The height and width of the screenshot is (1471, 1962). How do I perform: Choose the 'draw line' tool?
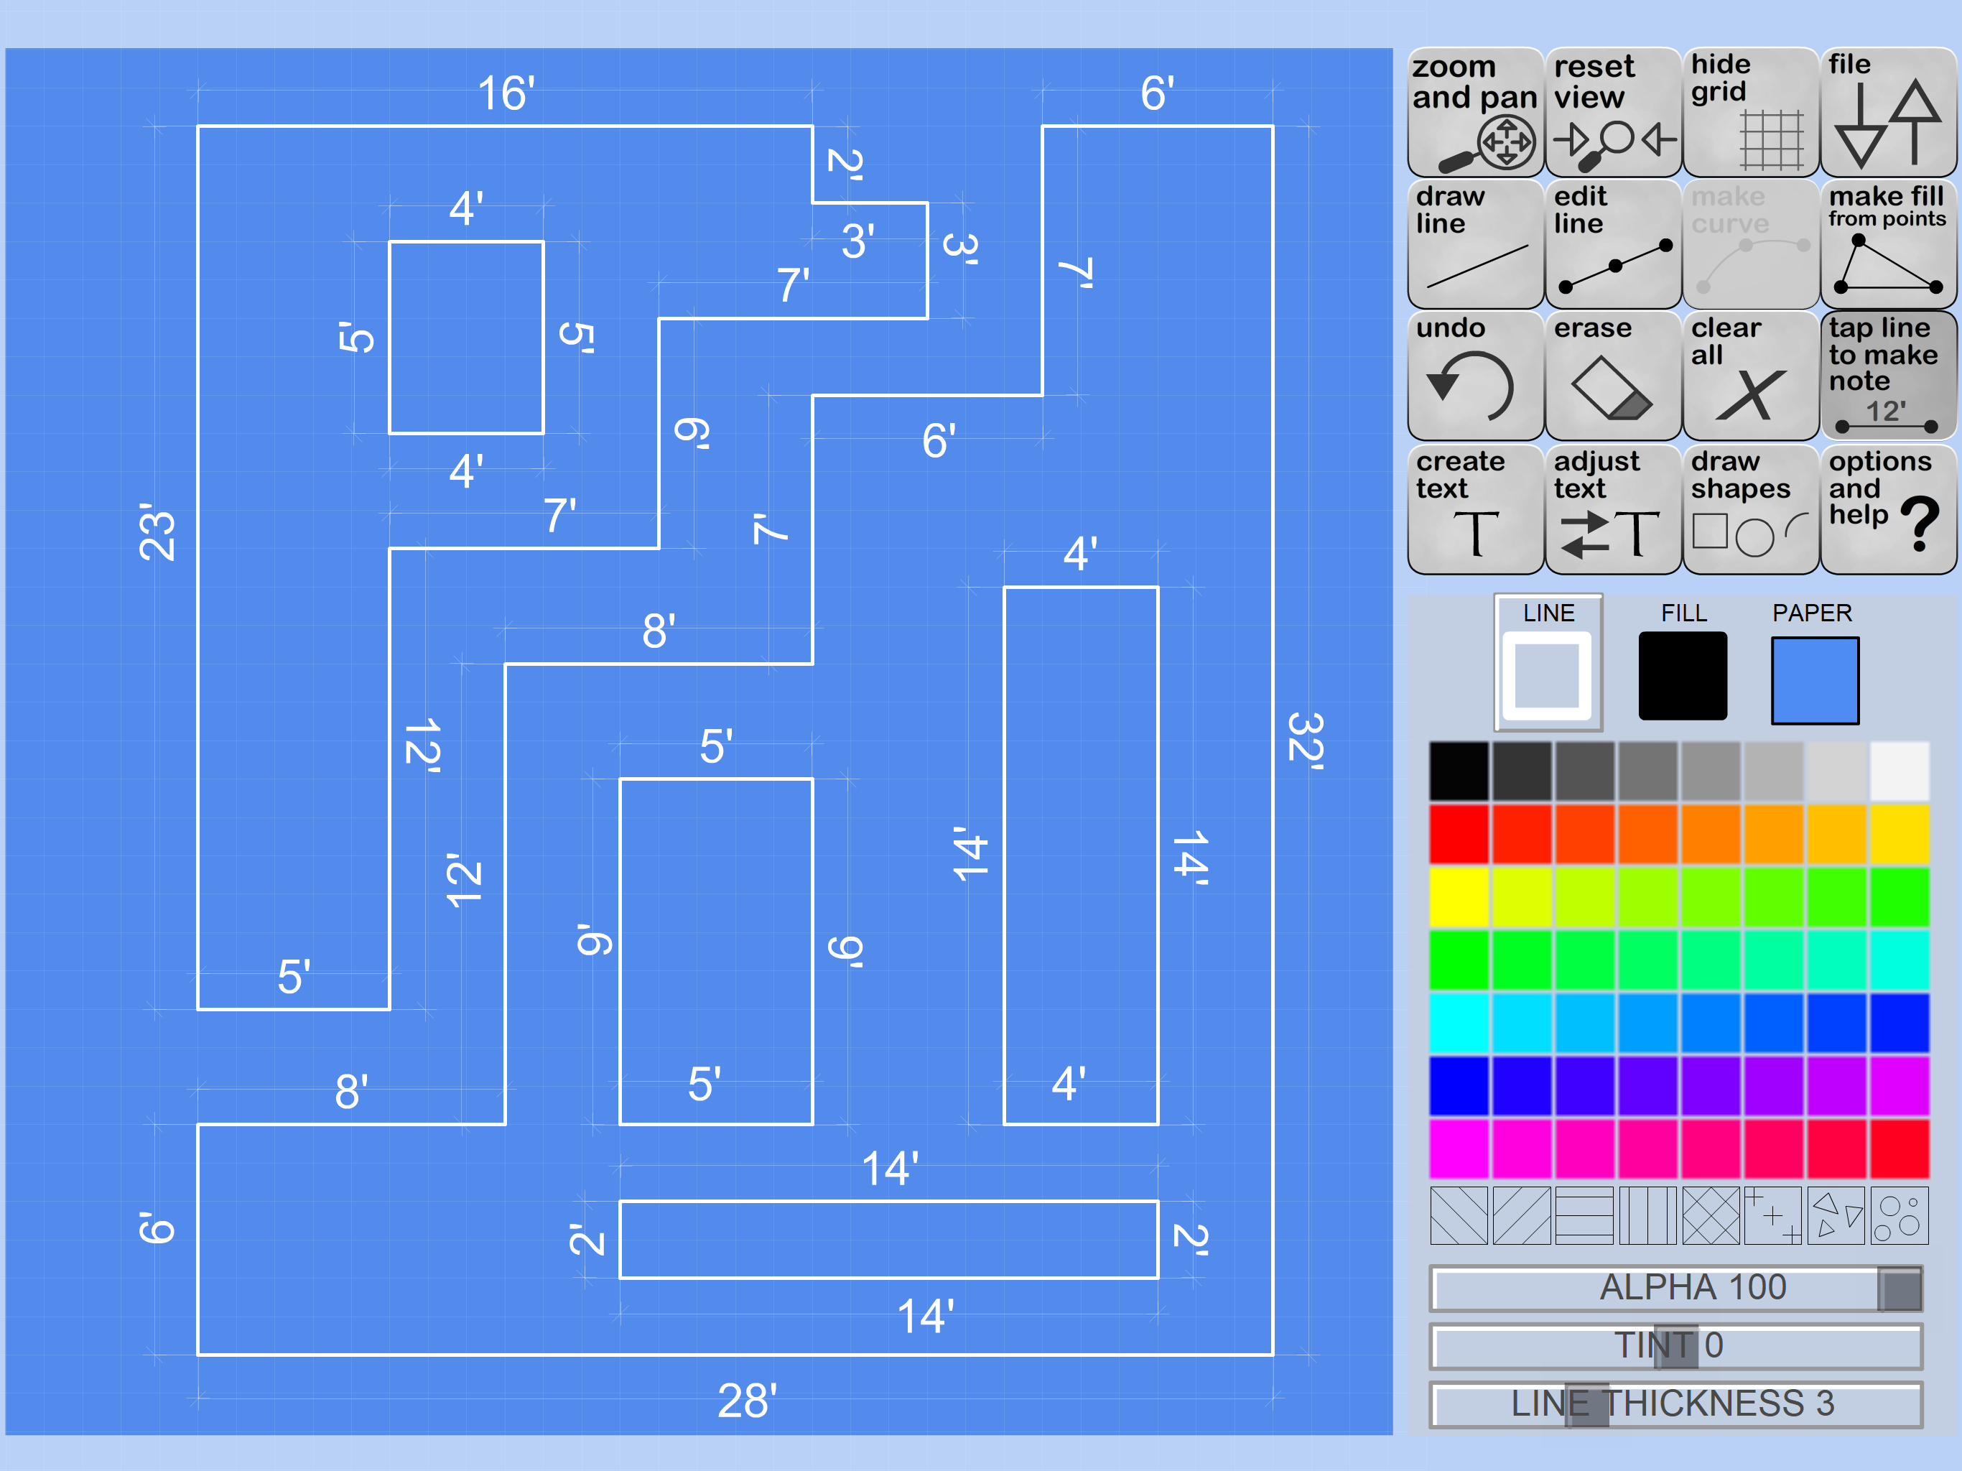tap(1474, 245)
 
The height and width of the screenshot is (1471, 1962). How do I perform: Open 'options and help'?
tap(1887, 509)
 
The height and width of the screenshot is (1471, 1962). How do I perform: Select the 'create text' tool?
tap(1474, 509)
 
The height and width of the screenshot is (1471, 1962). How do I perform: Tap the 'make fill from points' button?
tap(1887, 245)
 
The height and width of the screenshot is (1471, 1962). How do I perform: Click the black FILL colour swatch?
tap(1682, 676)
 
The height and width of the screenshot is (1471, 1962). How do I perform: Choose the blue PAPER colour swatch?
tap(1814, 680)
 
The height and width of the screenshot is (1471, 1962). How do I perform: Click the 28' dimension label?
tap(747, 1401)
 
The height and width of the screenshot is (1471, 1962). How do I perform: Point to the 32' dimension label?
tap(1305, 740)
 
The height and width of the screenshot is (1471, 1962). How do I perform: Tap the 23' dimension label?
tap(158, 532)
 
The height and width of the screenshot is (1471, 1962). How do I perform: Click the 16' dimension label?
tap(506, 93)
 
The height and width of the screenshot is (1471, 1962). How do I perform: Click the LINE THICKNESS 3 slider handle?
tap(1586, 1403)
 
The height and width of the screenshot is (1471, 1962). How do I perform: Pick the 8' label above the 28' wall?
tap(351, 1091)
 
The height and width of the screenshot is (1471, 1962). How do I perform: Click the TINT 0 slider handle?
tap(1675, 1346)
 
